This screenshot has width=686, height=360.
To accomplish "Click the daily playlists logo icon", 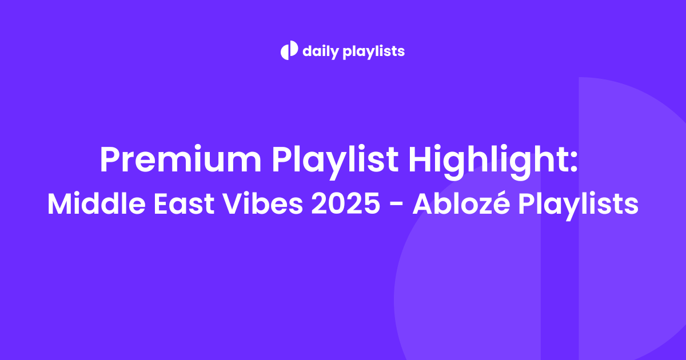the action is [289, 50].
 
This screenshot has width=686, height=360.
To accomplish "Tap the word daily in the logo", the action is [321, 51].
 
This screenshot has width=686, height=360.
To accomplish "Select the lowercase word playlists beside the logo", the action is [374, 51].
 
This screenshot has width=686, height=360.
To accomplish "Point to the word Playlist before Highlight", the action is [335, 161].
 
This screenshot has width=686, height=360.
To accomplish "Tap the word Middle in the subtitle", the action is [97, 203].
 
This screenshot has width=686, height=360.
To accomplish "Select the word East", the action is [184, 203].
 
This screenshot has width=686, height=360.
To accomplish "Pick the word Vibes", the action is [263, 203].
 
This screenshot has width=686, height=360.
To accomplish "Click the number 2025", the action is [345, 203].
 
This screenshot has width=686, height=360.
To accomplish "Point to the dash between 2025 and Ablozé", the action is [396, 205].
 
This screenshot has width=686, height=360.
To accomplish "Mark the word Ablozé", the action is [461, 203].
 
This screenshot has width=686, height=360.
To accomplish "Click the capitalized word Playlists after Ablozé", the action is [579, 205].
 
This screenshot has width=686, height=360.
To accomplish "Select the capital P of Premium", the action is [110, 159].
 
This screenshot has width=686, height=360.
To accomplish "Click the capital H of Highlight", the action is [421, 159].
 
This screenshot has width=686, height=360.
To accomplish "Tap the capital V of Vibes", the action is [233, 203].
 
